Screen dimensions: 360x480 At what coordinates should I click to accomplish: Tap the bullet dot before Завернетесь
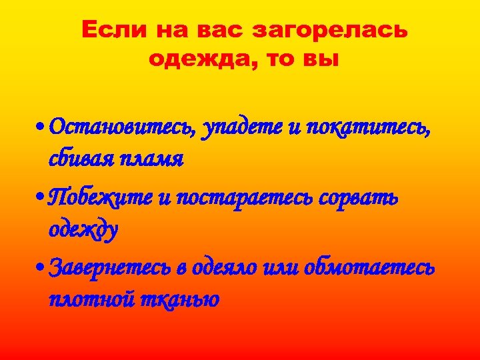click(x=41, y=268)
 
